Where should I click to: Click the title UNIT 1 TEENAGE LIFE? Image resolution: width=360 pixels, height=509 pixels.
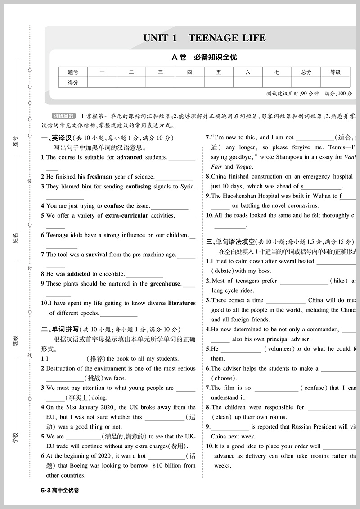click(204, 38)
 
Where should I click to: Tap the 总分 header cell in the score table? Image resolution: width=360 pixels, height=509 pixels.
click(306, 72)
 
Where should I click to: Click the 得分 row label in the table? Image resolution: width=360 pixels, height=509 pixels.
click(73, 82)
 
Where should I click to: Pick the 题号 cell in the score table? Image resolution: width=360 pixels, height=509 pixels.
click(73, 72)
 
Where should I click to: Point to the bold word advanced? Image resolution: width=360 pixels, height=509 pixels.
click(130, 157)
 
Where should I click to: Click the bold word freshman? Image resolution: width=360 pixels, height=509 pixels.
click(99, 177)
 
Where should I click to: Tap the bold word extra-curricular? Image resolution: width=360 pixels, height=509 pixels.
click(126, 215)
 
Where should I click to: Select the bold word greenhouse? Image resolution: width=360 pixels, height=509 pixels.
click(165, 284)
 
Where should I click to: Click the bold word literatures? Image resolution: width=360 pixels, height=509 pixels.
click(182, 303)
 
